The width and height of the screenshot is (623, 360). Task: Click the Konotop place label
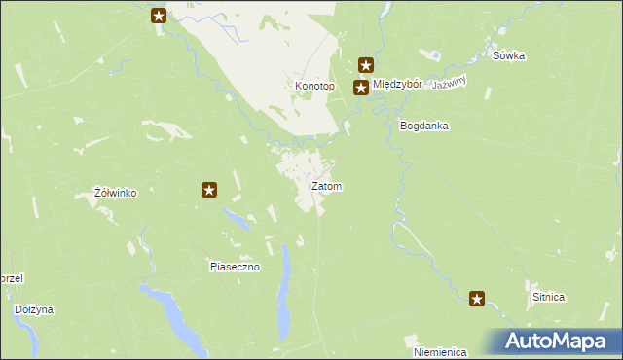(314, 86)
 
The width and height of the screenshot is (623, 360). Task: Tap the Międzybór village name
(397, 85)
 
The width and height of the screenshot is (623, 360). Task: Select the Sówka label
(508, 55)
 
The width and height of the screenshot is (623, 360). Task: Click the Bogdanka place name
(423, 126)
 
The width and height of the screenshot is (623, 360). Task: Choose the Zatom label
(326, 186)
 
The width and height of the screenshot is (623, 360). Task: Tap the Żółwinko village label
(115, 193)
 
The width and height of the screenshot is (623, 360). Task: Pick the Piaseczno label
(235, 267)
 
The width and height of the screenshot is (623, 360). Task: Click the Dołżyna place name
(34, 309)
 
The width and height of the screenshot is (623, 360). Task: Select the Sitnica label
(549, 297)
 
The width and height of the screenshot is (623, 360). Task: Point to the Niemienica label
(440, 351)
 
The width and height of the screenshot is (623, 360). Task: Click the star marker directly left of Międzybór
(360, 88)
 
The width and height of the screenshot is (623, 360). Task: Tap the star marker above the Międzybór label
(366, 66)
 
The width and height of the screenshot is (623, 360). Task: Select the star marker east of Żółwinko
(208, 190)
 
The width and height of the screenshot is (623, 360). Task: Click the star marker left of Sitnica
(477, 299)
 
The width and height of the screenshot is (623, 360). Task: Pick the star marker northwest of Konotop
(160, 16)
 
